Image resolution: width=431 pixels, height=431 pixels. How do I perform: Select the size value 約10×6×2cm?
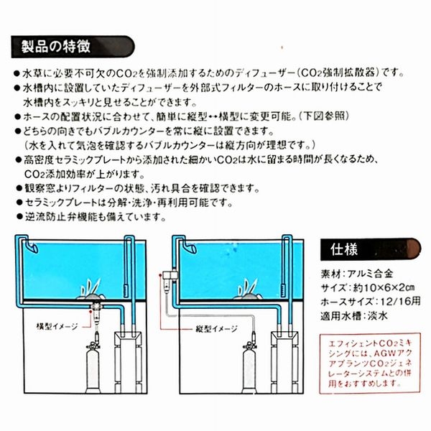pyautogui.click(x=381, y=289)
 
